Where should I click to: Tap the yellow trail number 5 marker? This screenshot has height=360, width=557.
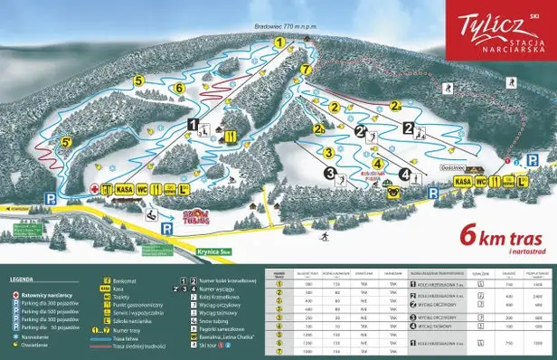[x=138, y=81]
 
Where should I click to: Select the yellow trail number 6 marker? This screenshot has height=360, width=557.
[x=179, y=88]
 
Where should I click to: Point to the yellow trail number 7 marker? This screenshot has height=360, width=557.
[x=306, y=69]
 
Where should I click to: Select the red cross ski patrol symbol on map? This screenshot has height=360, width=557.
[x=94, y=189]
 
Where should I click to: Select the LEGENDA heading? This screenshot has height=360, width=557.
[x=23, y=280]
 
